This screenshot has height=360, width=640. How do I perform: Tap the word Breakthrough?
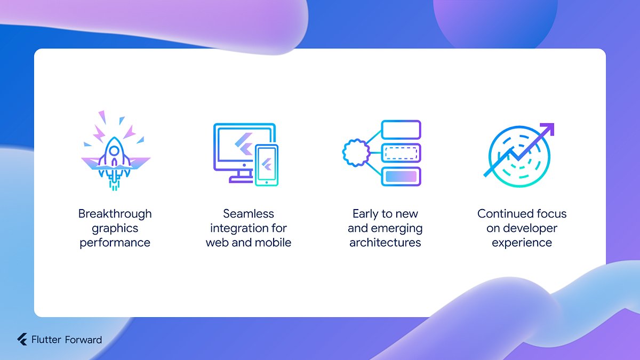point(115,214)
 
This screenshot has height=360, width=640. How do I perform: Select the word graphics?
point(115,228)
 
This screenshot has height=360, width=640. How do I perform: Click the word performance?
point(115,243)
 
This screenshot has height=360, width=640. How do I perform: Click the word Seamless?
point(249,214)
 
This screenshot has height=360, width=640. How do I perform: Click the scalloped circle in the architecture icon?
point(356,153)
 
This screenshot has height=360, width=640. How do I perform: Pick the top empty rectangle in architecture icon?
point(401,130)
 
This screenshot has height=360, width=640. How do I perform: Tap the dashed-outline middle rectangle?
point(401,153)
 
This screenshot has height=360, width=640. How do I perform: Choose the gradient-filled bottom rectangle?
point(401,177)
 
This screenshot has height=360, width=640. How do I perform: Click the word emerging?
point(397,228)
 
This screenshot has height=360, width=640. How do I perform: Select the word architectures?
point(385,243)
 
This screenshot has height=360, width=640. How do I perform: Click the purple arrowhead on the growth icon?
point(548,129)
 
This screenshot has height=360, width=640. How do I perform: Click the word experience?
point(522,243)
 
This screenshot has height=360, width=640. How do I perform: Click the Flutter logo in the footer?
point(22,340)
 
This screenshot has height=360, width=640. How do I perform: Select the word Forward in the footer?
point(83,340)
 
